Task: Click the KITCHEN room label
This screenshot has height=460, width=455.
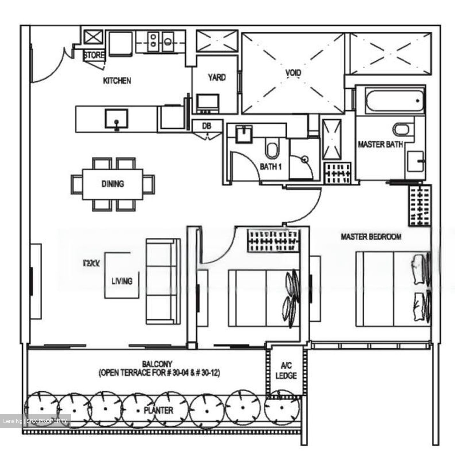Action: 117,80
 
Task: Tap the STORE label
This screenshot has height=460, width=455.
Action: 94,55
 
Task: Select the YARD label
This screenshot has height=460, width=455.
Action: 216,77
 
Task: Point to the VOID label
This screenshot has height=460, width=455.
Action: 293,73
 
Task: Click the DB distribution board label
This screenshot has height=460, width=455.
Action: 207,126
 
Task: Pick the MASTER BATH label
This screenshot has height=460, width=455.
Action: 380,144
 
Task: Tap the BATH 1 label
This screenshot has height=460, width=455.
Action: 270,166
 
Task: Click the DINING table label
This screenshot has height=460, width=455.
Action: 113,184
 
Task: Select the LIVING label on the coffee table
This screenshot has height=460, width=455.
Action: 122,281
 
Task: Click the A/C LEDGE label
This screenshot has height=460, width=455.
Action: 286,371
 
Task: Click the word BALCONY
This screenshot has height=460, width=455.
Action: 157,364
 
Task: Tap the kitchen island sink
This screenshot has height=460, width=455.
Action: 117,119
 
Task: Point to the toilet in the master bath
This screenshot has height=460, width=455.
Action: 401,129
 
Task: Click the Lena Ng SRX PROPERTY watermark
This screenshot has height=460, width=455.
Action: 35,421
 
